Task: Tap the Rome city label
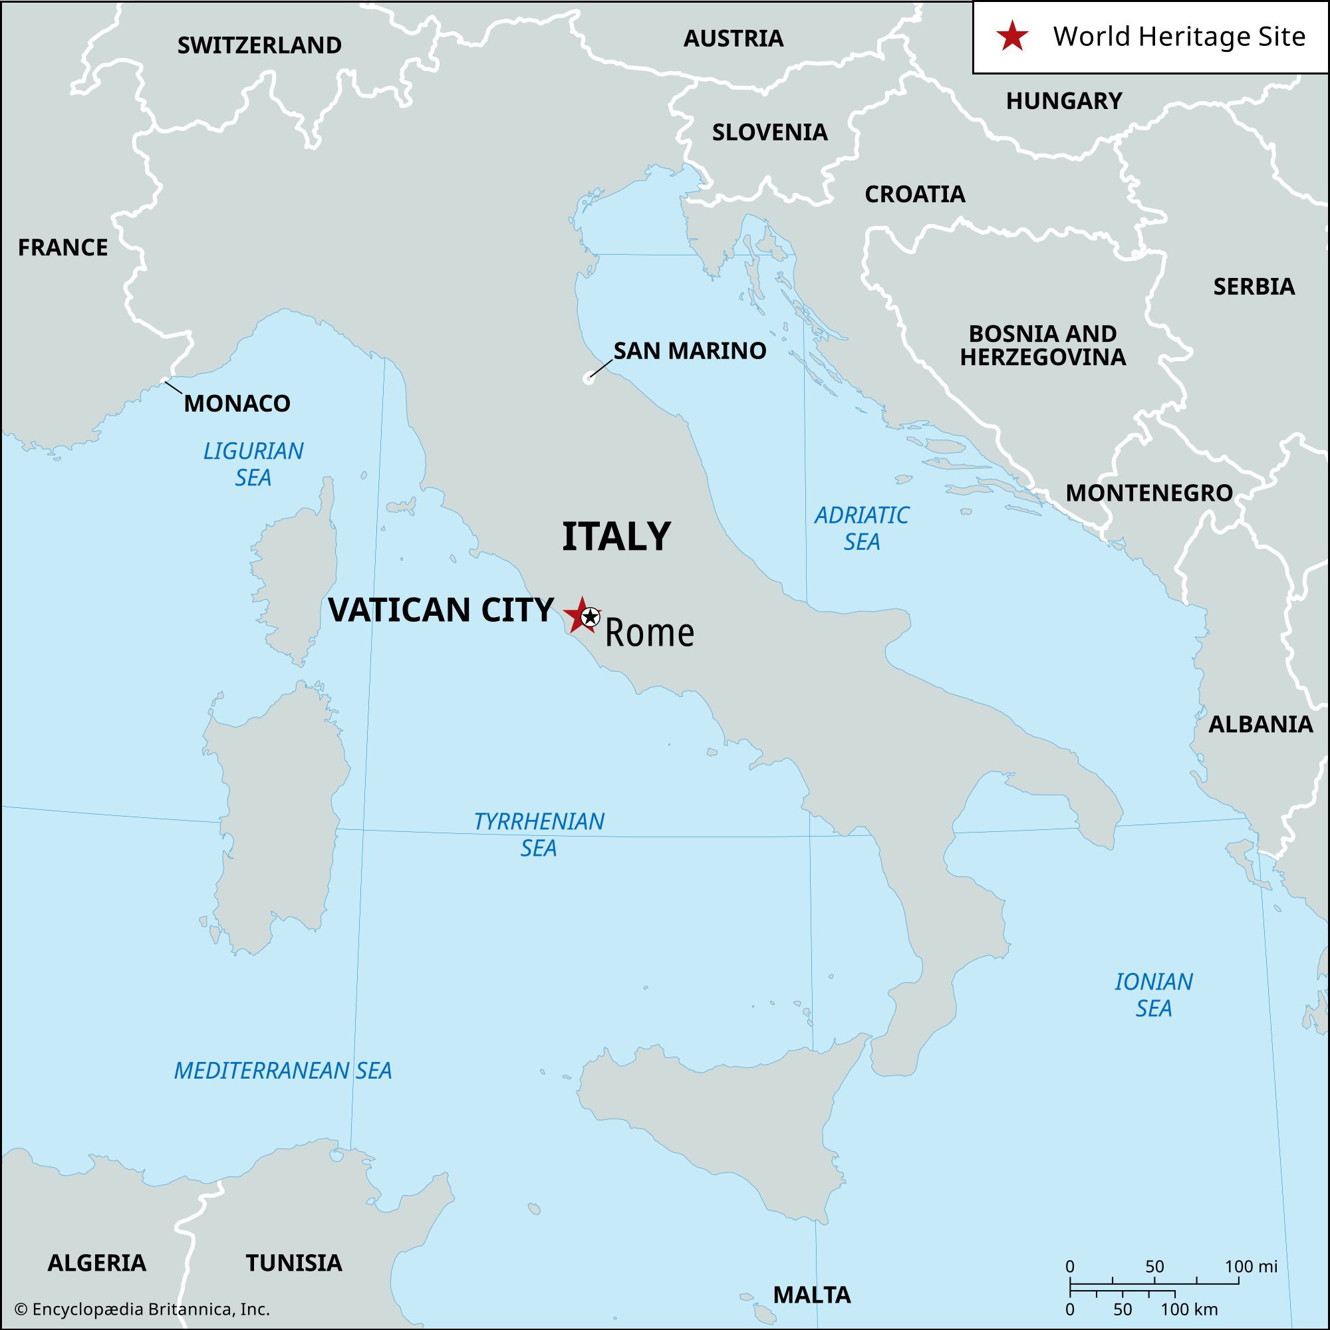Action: tap(649, 633)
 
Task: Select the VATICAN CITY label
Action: tap(441, 610)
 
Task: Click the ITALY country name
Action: tap(616, 537)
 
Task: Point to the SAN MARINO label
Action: tap(690, 351)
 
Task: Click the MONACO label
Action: tap(237, 404)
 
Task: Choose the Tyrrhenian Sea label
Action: tap(539, 835)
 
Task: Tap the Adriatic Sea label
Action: tap(861, 528)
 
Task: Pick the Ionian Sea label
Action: tap(1154, 995)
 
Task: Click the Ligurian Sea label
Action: tap(253, 464)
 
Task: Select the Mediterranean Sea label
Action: tap(283, 1071)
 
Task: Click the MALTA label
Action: tap(811, 1295)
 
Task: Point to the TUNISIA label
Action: tap(294, 1263)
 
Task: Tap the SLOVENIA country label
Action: tap(769, 132)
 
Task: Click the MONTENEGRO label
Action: tap(1150, 493)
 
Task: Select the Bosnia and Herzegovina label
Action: tap(1043, 346)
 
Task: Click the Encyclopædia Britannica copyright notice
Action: tap(142, 1309)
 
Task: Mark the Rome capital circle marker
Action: tap(589, 617)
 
